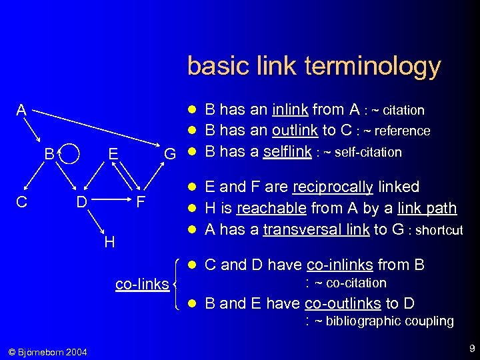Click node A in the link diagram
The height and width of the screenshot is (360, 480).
pyautogui.click(x=22, y=110)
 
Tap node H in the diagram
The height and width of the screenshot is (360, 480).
pyautogui.click(x=109, y=241)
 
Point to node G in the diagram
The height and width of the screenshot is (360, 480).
pyautogui.click(x=170, y=155)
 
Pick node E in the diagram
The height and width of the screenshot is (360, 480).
pyautogui.click(x=113, y=155)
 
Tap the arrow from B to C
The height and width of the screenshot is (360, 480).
pyautogui.click(x=37, y=176)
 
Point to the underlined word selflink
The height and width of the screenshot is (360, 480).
pyautogui.click(x=287, y=151)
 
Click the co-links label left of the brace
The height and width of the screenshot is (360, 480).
pyautogui.click(x=142, y=285)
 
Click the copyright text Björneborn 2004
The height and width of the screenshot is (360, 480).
pyautogui.click(x=47, y=351)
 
